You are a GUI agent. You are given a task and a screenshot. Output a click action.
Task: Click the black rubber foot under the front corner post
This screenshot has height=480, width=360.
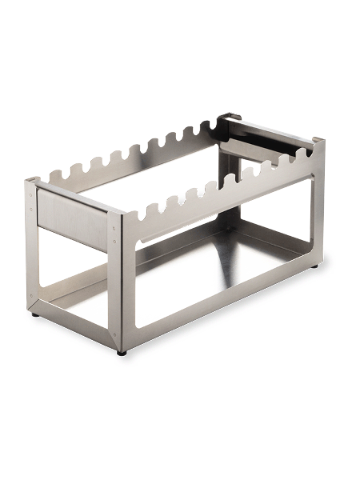[121, 352]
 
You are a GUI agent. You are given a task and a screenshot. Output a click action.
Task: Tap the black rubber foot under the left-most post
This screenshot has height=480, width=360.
[34, 314]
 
